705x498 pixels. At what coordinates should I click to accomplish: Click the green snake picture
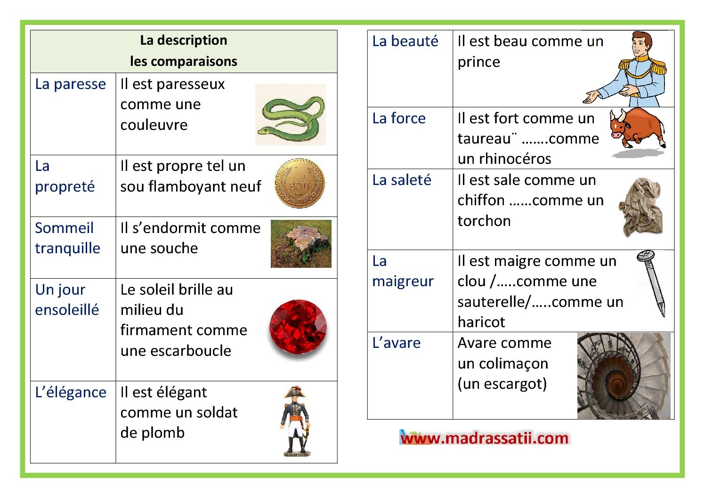290,114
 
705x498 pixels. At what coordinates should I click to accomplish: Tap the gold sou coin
300,183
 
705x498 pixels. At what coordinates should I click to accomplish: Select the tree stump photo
301,244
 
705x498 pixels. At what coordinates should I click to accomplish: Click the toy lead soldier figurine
296,421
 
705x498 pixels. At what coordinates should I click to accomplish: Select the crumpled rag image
641,207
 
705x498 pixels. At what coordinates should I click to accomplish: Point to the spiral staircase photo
624,376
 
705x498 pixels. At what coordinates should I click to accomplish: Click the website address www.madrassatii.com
485,438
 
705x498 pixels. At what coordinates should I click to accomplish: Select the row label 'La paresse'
71,84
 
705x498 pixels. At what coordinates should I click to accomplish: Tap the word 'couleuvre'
154,125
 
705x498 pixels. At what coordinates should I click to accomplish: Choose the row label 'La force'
399,119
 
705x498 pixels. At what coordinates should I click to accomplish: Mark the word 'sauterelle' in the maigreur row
492,302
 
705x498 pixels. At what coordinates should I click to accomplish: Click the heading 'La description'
184,40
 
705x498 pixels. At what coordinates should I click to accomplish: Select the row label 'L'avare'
396,343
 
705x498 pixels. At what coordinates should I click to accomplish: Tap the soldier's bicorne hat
295,392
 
